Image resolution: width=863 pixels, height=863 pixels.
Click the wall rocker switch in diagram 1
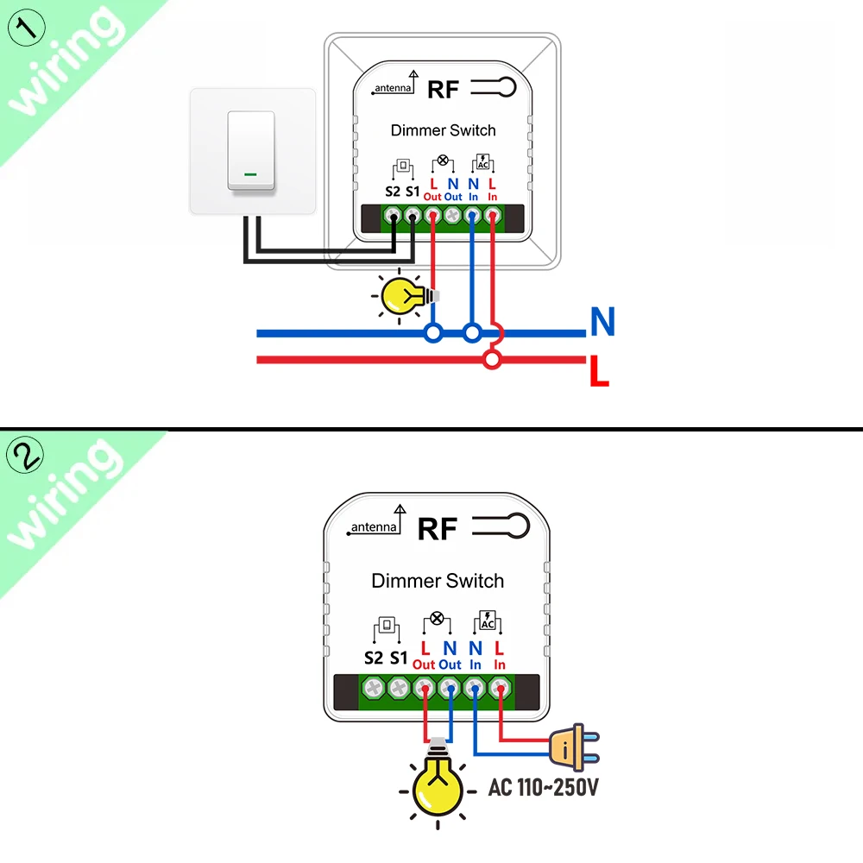(251, 151)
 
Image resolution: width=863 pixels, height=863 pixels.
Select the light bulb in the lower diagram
(438, 788)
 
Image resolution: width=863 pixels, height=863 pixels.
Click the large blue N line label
(602, 322)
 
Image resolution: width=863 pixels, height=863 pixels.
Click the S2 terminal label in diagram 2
(373, 658)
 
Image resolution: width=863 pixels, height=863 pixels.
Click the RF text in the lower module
(437, 529)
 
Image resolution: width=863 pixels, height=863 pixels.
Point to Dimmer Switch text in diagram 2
(438, 581)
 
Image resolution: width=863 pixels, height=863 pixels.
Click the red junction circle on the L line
(492, 360)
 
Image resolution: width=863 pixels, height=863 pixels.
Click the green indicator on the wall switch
(250, 173)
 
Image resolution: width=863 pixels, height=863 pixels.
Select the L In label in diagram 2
(500, 655)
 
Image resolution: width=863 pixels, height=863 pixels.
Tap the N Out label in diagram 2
(450, 655)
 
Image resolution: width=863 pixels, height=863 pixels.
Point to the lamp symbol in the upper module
(444, 161)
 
